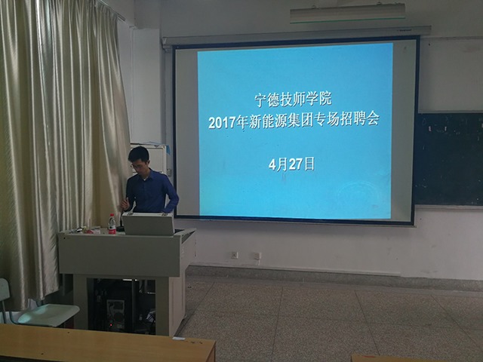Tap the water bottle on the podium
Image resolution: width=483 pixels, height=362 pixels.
(112, 223)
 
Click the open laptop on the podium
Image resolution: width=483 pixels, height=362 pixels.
(148, 224)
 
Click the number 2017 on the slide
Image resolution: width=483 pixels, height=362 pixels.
(223, 121)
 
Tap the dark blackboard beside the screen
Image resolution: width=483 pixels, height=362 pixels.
(448, 158)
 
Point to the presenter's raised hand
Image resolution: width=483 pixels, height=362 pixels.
(125, 204)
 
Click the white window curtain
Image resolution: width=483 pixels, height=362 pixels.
(60, 136)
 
